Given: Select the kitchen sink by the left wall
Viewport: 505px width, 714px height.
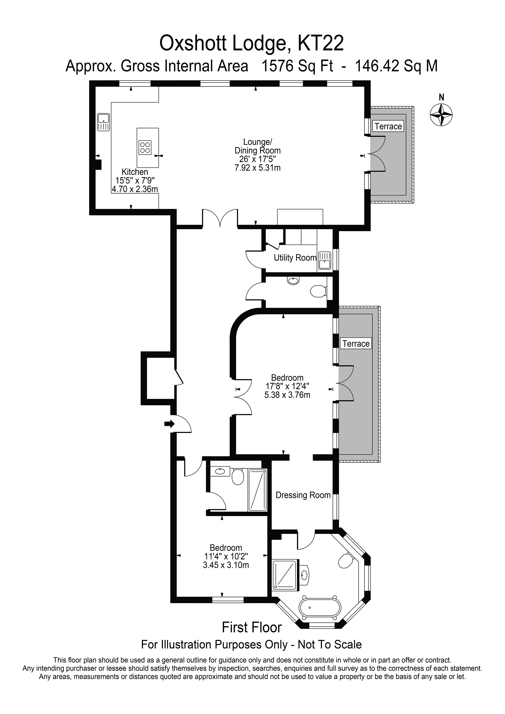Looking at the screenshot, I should tap(103, 122).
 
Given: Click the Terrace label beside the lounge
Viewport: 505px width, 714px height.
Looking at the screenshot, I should tap(388, 126).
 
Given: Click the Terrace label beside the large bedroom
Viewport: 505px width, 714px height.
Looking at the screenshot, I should tap(356, 344).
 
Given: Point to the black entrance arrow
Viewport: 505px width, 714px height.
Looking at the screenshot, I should tap(169, 424).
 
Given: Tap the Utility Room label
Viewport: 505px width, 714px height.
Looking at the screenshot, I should tap(295, 258).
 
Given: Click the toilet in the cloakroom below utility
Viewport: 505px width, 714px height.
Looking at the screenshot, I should tap(318, 291).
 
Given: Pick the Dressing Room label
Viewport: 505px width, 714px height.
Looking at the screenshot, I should tap(303, 495).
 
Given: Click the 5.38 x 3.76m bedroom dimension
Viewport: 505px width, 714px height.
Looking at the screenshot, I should tap(287, 395).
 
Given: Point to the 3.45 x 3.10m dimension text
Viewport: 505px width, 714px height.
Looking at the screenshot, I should tap(226, 565).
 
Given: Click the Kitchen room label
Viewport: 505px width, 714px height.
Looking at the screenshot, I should tap(135, 172).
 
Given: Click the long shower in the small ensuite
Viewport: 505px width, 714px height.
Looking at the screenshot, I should tap(257, 490).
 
